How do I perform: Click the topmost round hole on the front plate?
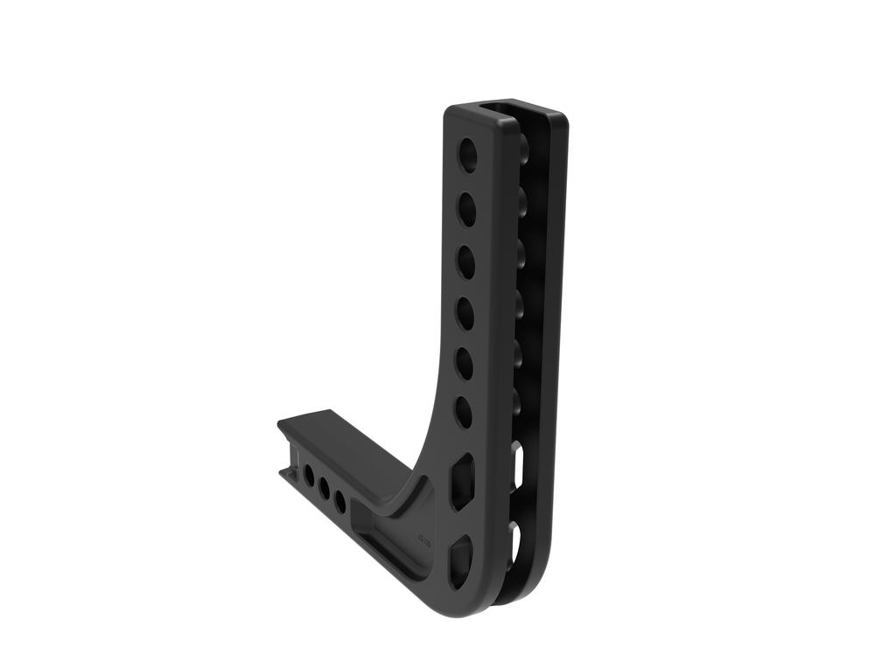[x=469, y=154]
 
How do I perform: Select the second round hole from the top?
[x=467, y=208]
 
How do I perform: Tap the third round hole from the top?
[x=466, y=261]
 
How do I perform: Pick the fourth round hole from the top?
[x=465, y=313]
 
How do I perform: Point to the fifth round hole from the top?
[x=465, y=363]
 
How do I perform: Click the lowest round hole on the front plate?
[x=464, y=412]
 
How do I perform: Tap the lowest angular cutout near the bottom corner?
[x=460, y=560]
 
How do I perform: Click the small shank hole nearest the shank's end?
[x=309, y=476]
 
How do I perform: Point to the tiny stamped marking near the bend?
[x=427, y=530]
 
